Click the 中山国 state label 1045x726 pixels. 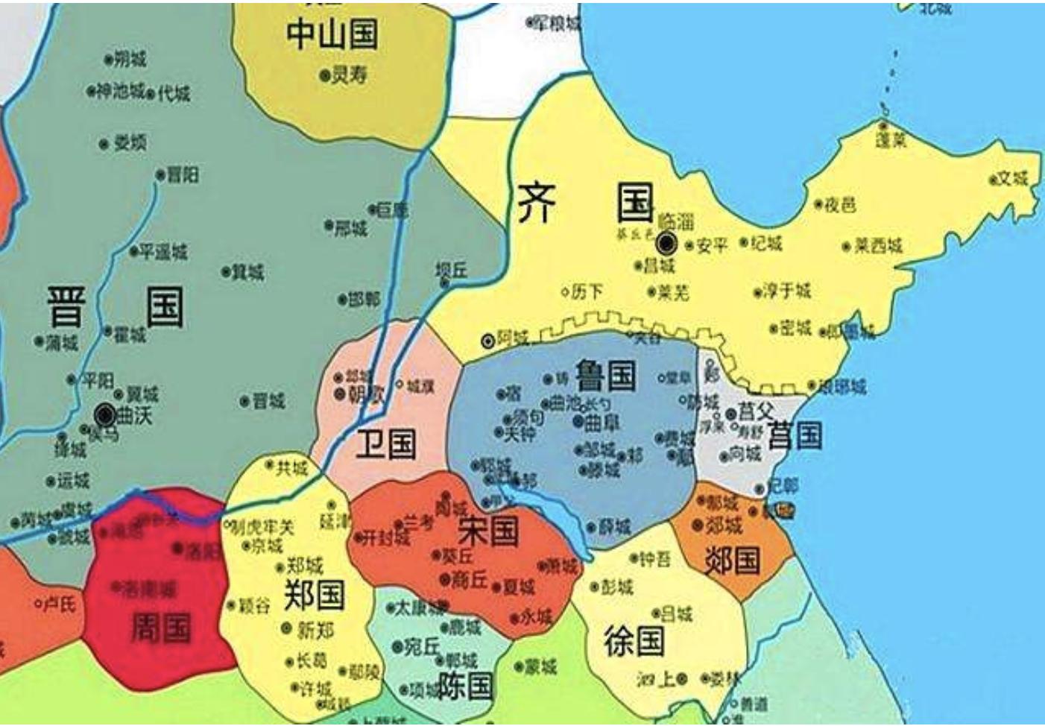pos(332,34)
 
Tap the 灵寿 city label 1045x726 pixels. pos(349,75)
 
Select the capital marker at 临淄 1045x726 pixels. pos(666,242)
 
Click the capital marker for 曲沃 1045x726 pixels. pos(106,414)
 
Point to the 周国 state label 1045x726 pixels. pos(161,627)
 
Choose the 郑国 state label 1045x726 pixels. pos(314,594)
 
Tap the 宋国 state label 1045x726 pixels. pos(488,531)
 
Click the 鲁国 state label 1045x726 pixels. pos(605,374)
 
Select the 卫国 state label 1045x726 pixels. pos(385,444)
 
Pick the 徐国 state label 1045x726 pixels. pos(634,640)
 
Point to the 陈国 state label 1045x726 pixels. pos(465,684)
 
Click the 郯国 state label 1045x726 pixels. pos(732,561)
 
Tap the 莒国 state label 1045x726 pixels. pos(795,435)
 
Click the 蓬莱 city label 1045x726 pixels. pos(891,140)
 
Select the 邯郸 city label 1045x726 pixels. pos(364,300)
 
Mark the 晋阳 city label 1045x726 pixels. pos(183,174)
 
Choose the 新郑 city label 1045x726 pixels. pos(315,630)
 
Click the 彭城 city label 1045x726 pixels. pos(616,587)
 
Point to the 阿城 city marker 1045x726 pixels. pos(488,341)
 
